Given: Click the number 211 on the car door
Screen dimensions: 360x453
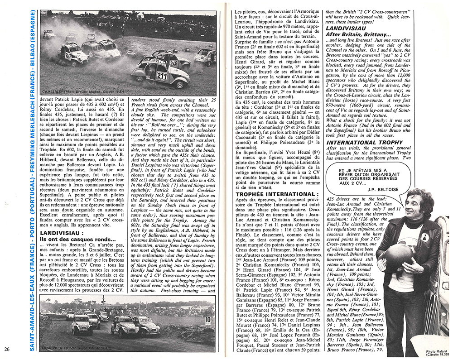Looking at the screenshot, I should point(162,76).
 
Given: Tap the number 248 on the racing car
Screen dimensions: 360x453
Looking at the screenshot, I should point(173,63).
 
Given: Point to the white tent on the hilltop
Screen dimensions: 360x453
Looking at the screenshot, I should point(140,15).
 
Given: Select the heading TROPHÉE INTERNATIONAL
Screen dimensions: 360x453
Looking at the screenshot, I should point(268,194).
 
